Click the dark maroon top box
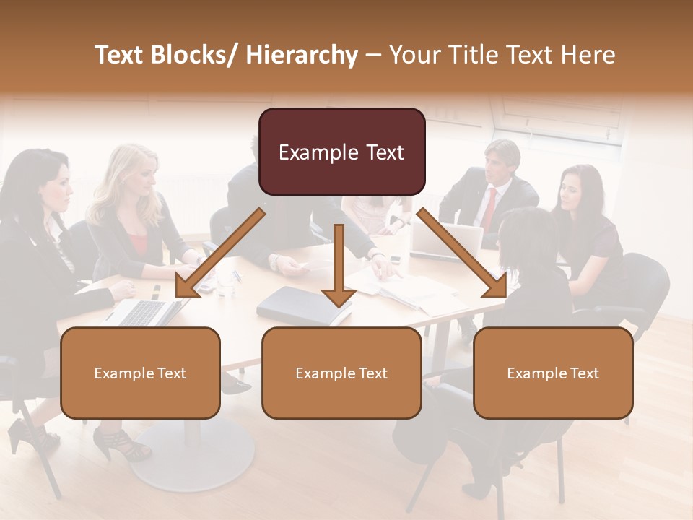[341, 152]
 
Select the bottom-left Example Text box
[140, 373]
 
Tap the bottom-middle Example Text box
[341, 373]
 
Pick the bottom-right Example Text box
[553, 373]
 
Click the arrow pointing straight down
[339, 267]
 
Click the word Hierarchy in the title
[302, 55]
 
